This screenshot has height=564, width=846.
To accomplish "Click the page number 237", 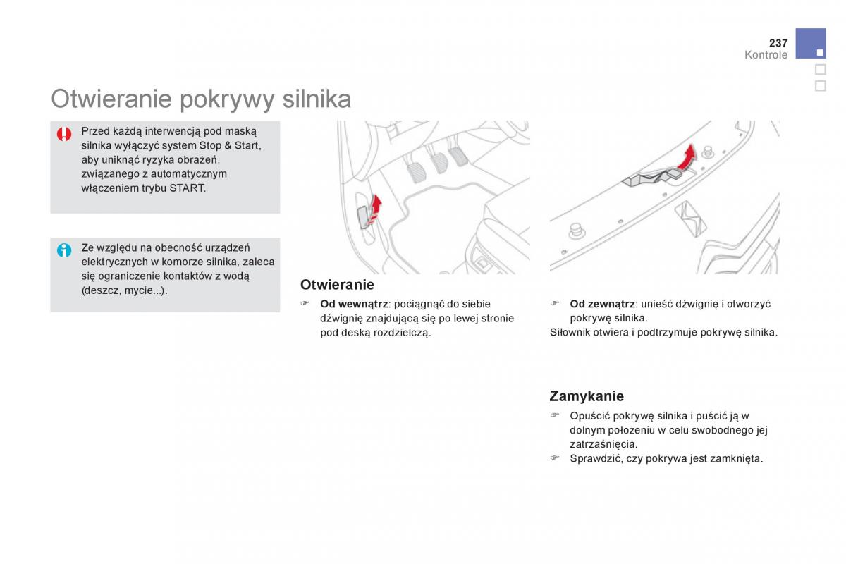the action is tap(778, 43).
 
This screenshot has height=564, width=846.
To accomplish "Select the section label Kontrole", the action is tap(766, 55).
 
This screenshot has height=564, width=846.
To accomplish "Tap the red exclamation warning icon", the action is tap(64, 134).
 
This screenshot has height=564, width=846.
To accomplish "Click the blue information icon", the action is tap(64, 250).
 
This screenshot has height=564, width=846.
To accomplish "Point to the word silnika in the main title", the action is tap(317, 99).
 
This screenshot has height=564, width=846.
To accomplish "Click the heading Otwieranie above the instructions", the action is tap(337, 285).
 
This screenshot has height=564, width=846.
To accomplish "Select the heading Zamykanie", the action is tap(587, 396).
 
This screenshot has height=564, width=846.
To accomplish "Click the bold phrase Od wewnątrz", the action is tap(354, 304).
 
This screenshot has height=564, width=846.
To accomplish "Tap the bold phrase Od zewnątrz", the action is tap(602, 304).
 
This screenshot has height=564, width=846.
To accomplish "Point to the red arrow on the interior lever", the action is tap(375, 209).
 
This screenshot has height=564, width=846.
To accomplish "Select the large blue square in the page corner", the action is tap(811, 44).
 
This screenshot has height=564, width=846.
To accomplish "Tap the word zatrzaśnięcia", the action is tap(603, 445).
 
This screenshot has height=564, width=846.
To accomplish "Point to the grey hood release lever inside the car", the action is tap(364, 217).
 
